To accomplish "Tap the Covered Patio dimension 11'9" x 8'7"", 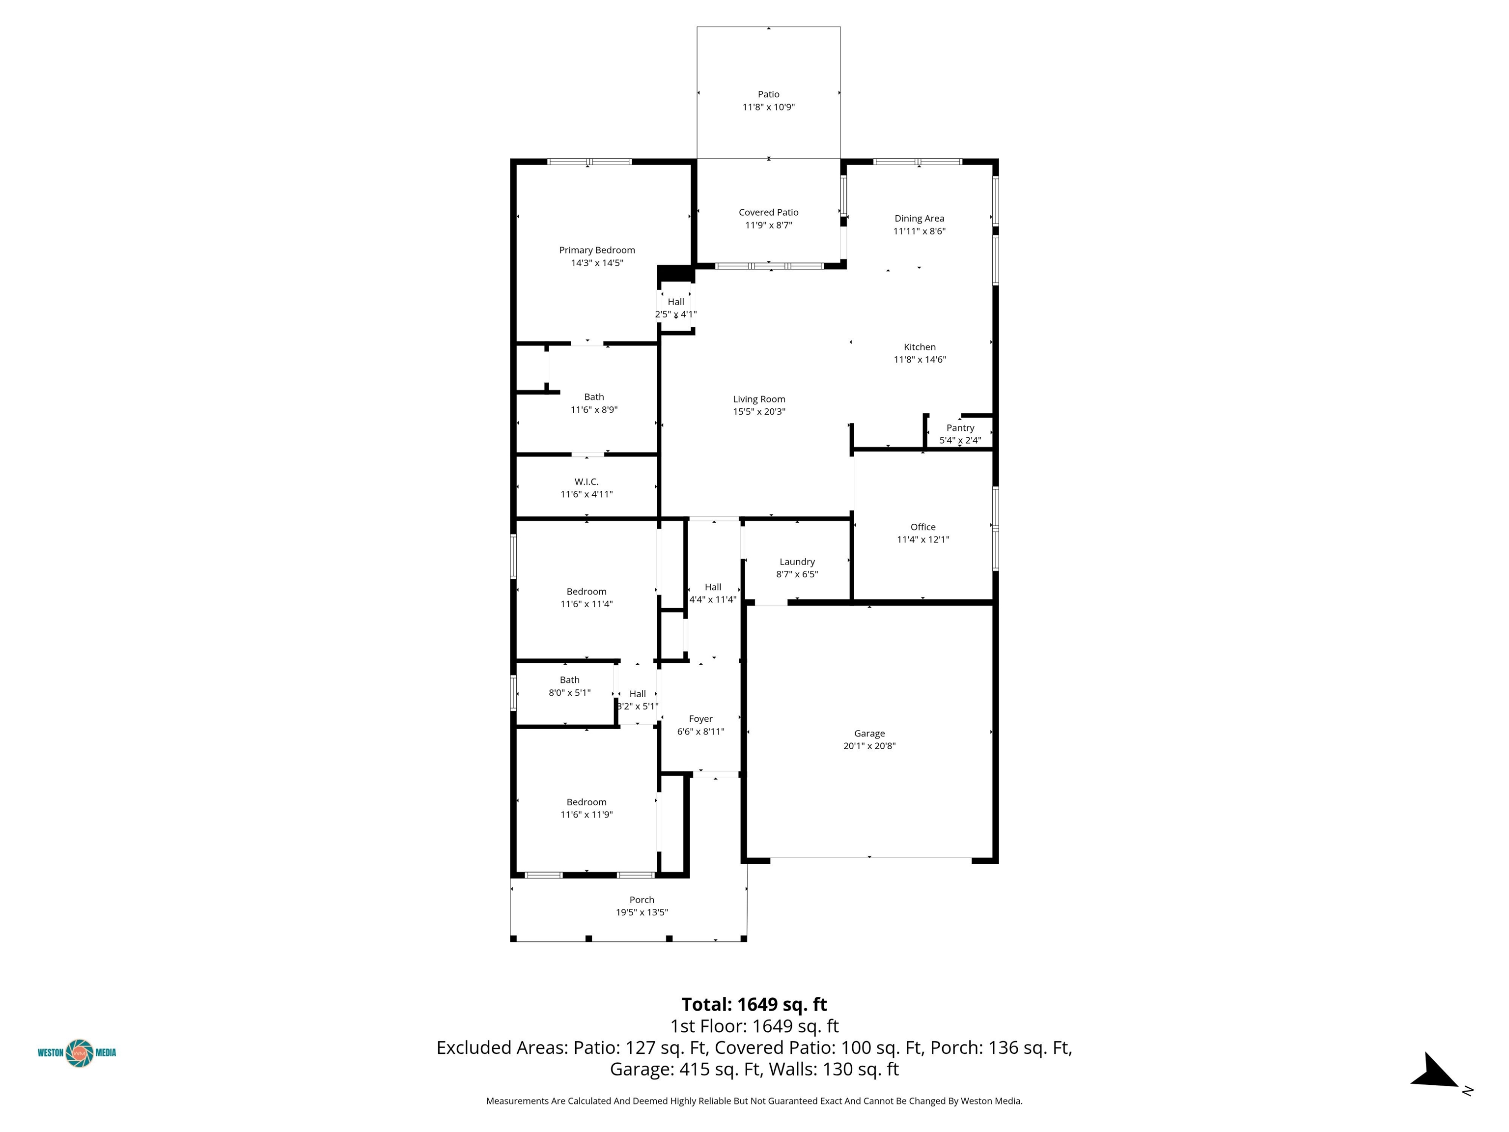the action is tap(769, 225).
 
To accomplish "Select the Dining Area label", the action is tap(920, 218).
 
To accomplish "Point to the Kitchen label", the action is tap(920, 347).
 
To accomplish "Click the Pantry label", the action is tap(960, 428).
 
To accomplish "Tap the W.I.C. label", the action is tap(587, 481).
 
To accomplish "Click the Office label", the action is tap(923, 527).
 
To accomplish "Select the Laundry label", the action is tap(797, 562).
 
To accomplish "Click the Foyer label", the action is tap(700, 718).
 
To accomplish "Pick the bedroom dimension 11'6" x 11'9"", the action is tap(587, 815).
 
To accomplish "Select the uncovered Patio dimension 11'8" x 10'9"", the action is tap(769, 107).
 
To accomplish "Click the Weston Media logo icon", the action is tap(79, 1053).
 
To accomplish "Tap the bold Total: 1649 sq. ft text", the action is tap(754, 1004).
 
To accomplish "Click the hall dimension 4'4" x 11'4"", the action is tap(713, 600).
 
